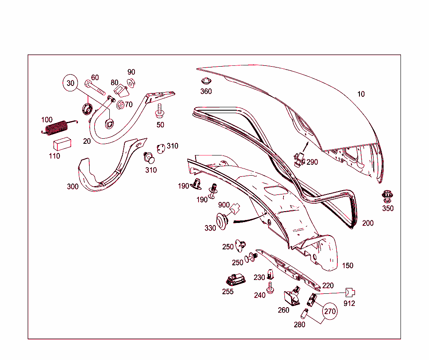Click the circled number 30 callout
click(x=70, y=83)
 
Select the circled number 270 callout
click(x=330, y=311)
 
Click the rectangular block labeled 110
click(x=62, y=143)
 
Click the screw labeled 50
click(x=160, y=111)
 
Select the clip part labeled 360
click(x=205, y=82)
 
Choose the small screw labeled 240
click(x=270, y=288)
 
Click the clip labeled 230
click(x=271, y=274)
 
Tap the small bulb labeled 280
click(x=305, y=313)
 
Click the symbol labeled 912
click(x=350, y=293)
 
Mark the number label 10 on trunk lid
click(x=361, y=94)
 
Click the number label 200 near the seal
click(x=367, y=223)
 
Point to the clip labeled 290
click(x=299, y=159)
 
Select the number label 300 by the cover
click(x=72, y=186)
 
